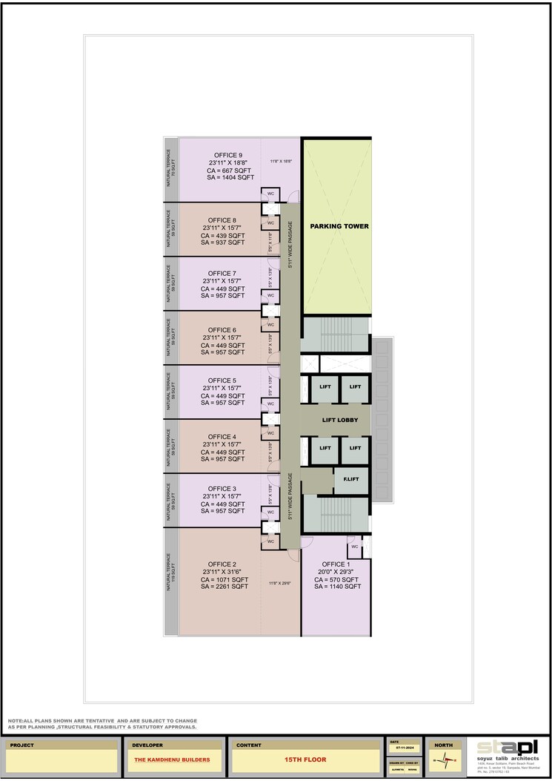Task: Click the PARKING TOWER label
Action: [339, 226]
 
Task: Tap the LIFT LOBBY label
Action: [340, 421]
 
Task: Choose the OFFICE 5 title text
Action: [222, 380]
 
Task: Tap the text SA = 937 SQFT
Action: [222, 243]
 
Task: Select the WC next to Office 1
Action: [354, 547]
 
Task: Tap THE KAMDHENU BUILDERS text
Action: [172, 760]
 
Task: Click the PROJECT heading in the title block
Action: [22, 744]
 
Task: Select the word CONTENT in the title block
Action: [249, 744]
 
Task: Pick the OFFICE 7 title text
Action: [222, 274]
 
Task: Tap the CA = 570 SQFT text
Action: [337, 579]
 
